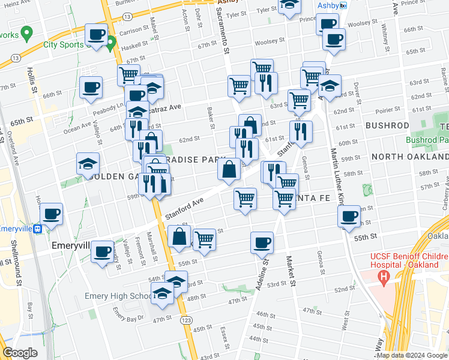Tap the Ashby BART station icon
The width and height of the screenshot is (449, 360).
click(343, 5)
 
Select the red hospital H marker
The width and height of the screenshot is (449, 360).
click(382, 277)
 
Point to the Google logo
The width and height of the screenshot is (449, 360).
click(20, 353)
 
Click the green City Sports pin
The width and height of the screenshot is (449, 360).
click(110, 42)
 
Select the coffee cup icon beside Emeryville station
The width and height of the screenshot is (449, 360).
click(51, 214)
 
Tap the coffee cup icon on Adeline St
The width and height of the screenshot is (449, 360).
click(262, 243)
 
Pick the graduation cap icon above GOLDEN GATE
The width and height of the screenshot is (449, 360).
click(88, 164)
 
